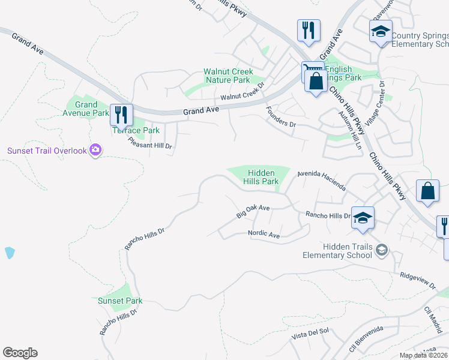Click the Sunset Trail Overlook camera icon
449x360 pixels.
click(x=95, y=150)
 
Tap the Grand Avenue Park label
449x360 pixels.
click(x=81, y=109)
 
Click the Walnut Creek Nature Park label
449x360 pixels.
click(x=227, y=76)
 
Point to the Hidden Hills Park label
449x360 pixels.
click(x=261, y=176)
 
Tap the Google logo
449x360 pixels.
click(x=20, y=353)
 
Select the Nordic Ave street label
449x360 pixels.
click(x=264, y=235)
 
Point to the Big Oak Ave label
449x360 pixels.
click(x=253, y=211)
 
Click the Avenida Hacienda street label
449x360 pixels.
click(x=321, y=180)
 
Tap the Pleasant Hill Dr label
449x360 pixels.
click(x=150, y=143)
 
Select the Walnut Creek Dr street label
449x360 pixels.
click(x=243, y=93)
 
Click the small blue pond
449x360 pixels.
click(x=10, y=252)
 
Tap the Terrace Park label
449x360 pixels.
click(x=136, y=130)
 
